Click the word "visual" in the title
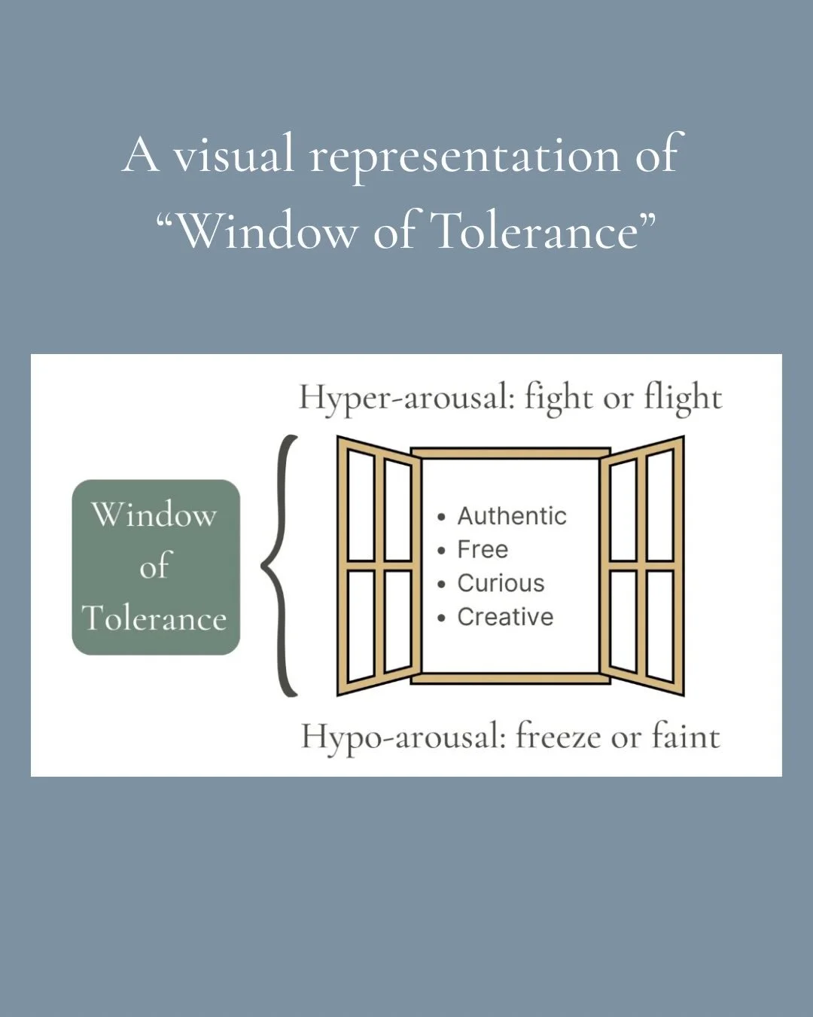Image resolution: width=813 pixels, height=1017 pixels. coord(233,155)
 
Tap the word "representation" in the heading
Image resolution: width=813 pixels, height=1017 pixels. coord(465,157)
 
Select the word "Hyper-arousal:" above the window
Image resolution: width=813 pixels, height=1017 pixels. coord(406,397)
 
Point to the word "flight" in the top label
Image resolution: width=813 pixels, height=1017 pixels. coord(682,397)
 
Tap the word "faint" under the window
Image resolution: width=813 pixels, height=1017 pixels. coord(685,736)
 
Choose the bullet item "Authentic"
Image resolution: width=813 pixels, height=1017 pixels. coord(512,516)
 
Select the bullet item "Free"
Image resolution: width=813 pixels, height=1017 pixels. coord(483,550)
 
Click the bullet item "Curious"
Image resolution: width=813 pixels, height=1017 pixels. coord(501,583)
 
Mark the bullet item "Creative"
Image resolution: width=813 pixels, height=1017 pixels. coord(505,617)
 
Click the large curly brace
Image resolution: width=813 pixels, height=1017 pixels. coord(280,565)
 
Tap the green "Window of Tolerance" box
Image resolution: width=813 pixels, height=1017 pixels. coord(156,567)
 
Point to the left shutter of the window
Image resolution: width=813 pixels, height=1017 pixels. coord(379,565)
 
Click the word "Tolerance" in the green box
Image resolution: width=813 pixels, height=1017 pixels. coord(154,618)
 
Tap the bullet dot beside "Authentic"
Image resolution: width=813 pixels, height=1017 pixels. coord(441,518)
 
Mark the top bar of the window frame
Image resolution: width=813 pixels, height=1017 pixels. coord(510,453)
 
